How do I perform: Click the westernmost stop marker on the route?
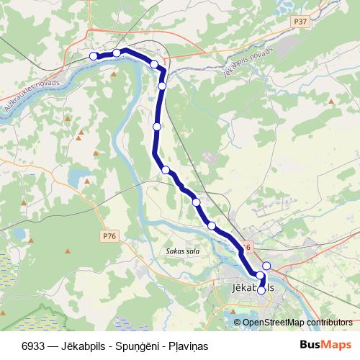point(93,56)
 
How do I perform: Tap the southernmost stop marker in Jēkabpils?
point(261,291)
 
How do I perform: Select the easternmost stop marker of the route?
point(266,266)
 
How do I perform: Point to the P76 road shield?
point(109,235)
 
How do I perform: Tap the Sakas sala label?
point(182,251)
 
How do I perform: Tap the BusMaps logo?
point(325,344)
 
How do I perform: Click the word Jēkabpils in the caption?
point(76,344)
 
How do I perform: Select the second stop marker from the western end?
point(117,53)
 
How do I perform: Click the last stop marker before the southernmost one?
point(260,276)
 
